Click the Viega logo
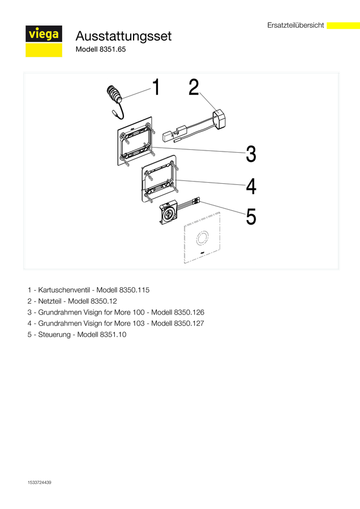coord(44,41)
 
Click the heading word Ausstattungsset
coord(123,36)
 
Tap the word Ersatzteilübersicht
coord(295,25)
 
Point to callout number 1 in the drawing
coord(156,87)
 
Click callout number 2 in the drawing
coord(194,87)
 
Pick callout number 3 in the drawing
coord(251,154)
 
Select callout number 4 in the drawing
coord(251,187)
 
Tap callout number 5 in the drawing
coord(251,217)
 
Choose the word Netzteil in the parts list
coord(50,301)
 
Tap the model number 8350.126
coord(189,312)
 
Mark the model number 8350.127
coord(189,323)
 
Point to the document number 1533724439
coord(39,482)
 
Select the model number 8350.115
coord(134,290)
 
